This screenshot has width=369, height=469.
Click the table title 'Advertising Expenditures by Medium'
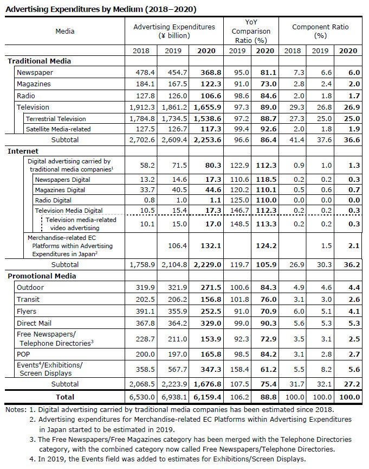point(101,9)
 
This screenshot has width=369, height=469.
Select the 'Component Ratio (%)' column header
point(320,31)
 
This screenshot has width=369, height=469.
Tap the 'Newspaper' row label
point(35,73)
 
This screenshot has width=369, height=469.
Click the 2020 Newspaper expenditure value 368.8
point(204,73)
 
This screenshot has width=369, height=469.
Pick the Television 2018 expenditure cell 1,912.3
point(143,107)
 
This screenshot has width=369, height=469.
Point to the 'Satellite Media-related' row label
point(59,129)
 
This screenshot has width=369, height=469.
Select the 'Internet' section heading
point(23,151)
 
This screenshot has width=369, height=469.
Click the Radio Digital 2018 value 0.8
point(146,199)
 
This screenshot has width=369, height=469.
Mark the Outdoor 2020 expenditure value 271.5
point(204,287)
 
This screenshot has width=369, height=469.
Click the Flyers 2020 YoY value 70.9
point(266,310)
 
